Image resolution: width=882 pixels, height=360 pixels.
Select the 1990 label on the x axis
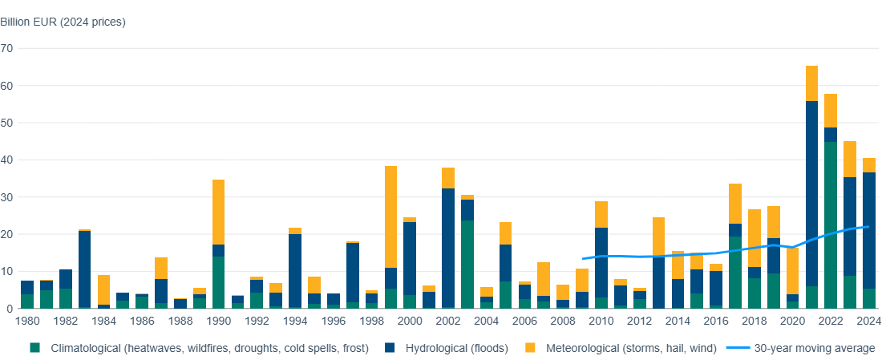click(218, 321)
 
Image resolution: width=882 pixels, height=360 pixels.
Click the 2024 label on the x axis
click(869, 321)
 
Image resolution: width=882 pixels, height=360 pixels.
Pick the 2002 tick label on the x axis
click(448, 321)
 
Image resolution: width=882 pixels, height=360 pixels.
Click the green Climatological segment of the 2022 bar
click(831, 224)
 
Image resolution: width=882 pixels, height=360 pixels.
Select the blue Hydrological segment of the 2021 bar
click(811, 193)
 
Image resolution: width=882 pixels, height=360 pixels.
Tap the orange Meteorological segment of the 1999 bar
click(390, 216)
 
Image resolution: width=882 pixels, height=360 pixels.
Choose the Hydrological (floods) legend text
click(444, 347)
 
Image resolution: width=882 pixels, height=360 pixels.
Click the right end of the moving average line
click(868, 227)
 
